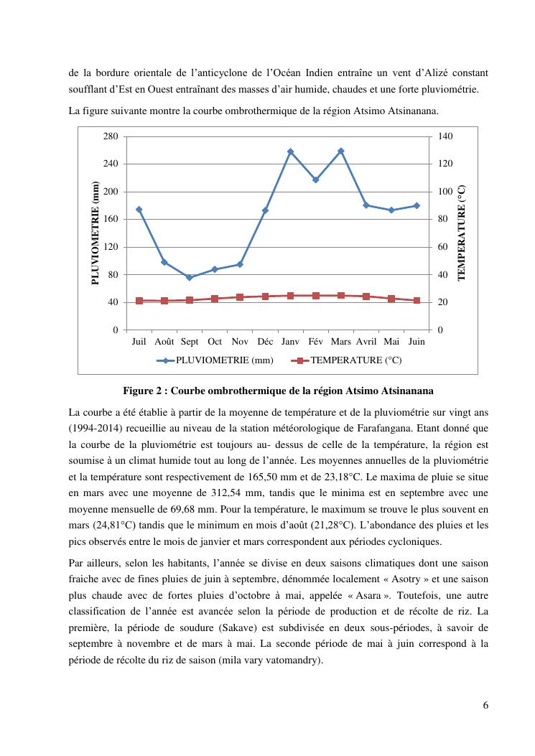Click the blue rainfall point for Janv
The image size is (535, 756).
tap(290, 151)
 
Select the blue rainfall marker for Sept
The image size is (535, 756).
tap(190, 277)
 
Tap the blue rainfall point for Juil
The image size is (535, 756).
tap(139, 210)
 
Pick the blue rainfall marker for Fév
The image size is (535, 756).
tap(315, 179)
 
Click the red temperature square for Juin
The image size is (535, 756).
tap(417, 301)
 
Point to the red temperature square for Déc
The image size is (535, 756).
tap(265, 297)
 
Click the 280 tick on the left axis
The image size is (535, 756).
tap(111, 136)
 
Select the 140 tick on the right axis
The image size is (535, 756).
tap(445, 136)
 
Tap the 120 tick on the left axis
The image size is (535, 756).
tap(111, 247)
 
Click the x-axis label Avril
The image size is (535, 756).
tap(366, 342)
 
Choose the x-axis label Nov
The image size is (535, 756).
tap(240, 342)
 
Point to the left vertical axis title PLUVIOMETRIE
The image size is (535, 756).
tap(96, 233)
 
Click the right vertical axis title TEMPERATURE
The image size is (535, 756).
tap(462, 233)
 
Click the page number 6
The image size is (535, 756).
tap(486, 705)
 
